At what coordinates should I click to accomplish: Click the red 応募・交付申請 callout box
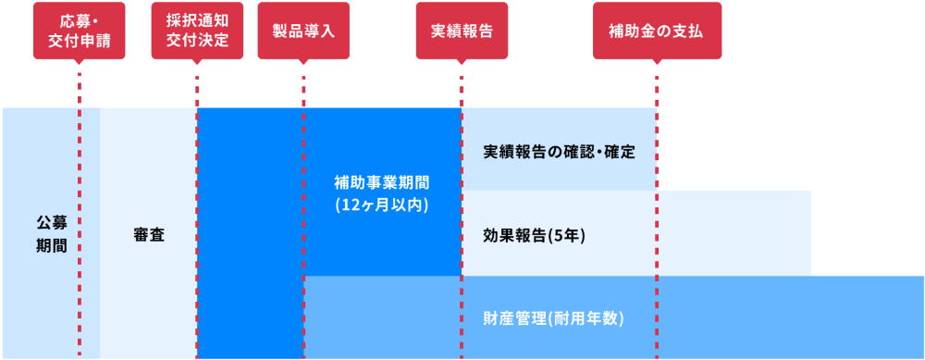coord(79,31)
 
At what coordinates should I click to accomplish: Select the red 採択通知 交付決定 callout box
coord(197,31)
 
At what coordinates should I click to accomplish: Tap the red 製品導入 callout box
coord(303,31)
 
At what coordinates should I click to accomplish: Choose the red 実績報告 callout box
coord(461,31)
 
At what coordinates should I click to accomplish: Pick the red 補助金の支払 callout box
coord(657,31)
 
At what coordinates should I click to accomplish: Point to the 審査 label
coord(149,234)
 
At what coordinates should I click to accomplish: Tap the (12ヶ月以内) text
coord(382,205)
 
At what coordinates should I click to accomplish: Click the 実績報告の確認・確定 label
coord(559,151)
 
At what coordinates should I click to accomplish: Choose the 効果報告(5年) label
coord(534,235)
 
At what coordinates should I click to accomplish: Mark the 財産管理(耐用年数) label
coord(553,318)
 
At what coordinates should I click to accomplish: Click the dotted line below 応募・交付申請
coord(80,185)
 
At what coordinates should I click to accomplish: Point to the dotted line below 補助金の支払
coord(657,231)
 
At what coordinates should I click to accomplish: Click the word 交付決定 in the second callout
coord(197,40)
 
